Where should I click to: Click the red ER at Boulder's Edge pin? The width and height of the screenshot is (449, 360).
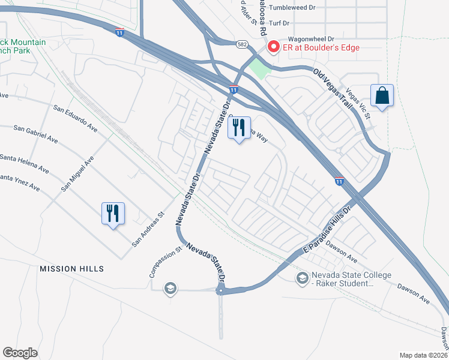(x=274, y=46)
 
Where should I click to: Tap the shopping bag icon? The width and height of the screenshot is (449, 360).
(x=382, y=95)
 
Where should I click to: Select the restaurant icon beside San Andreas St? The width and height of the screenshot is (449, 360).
(x=113, y=213)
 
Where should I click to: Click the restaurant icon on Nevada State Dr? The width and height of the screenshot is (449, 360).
(x=239, y=128)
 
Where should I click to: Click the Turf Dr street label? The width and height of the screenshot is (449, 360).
(x=279, y=23)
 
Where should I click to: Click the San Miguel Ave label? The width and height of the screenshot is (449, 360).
(x=77, y=173)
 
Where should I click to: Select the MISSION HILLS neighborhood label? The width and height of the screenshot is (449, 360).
(x=72, y=269)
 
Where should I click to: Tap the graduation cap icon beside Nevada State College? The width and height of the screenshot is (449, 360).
(x=302, y=277)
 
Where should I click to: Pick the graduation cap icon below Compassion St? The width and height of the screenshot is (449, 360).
(x=170, y=289)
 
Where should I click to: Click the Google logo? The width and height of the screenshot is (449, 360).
(x=20, y=352)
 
